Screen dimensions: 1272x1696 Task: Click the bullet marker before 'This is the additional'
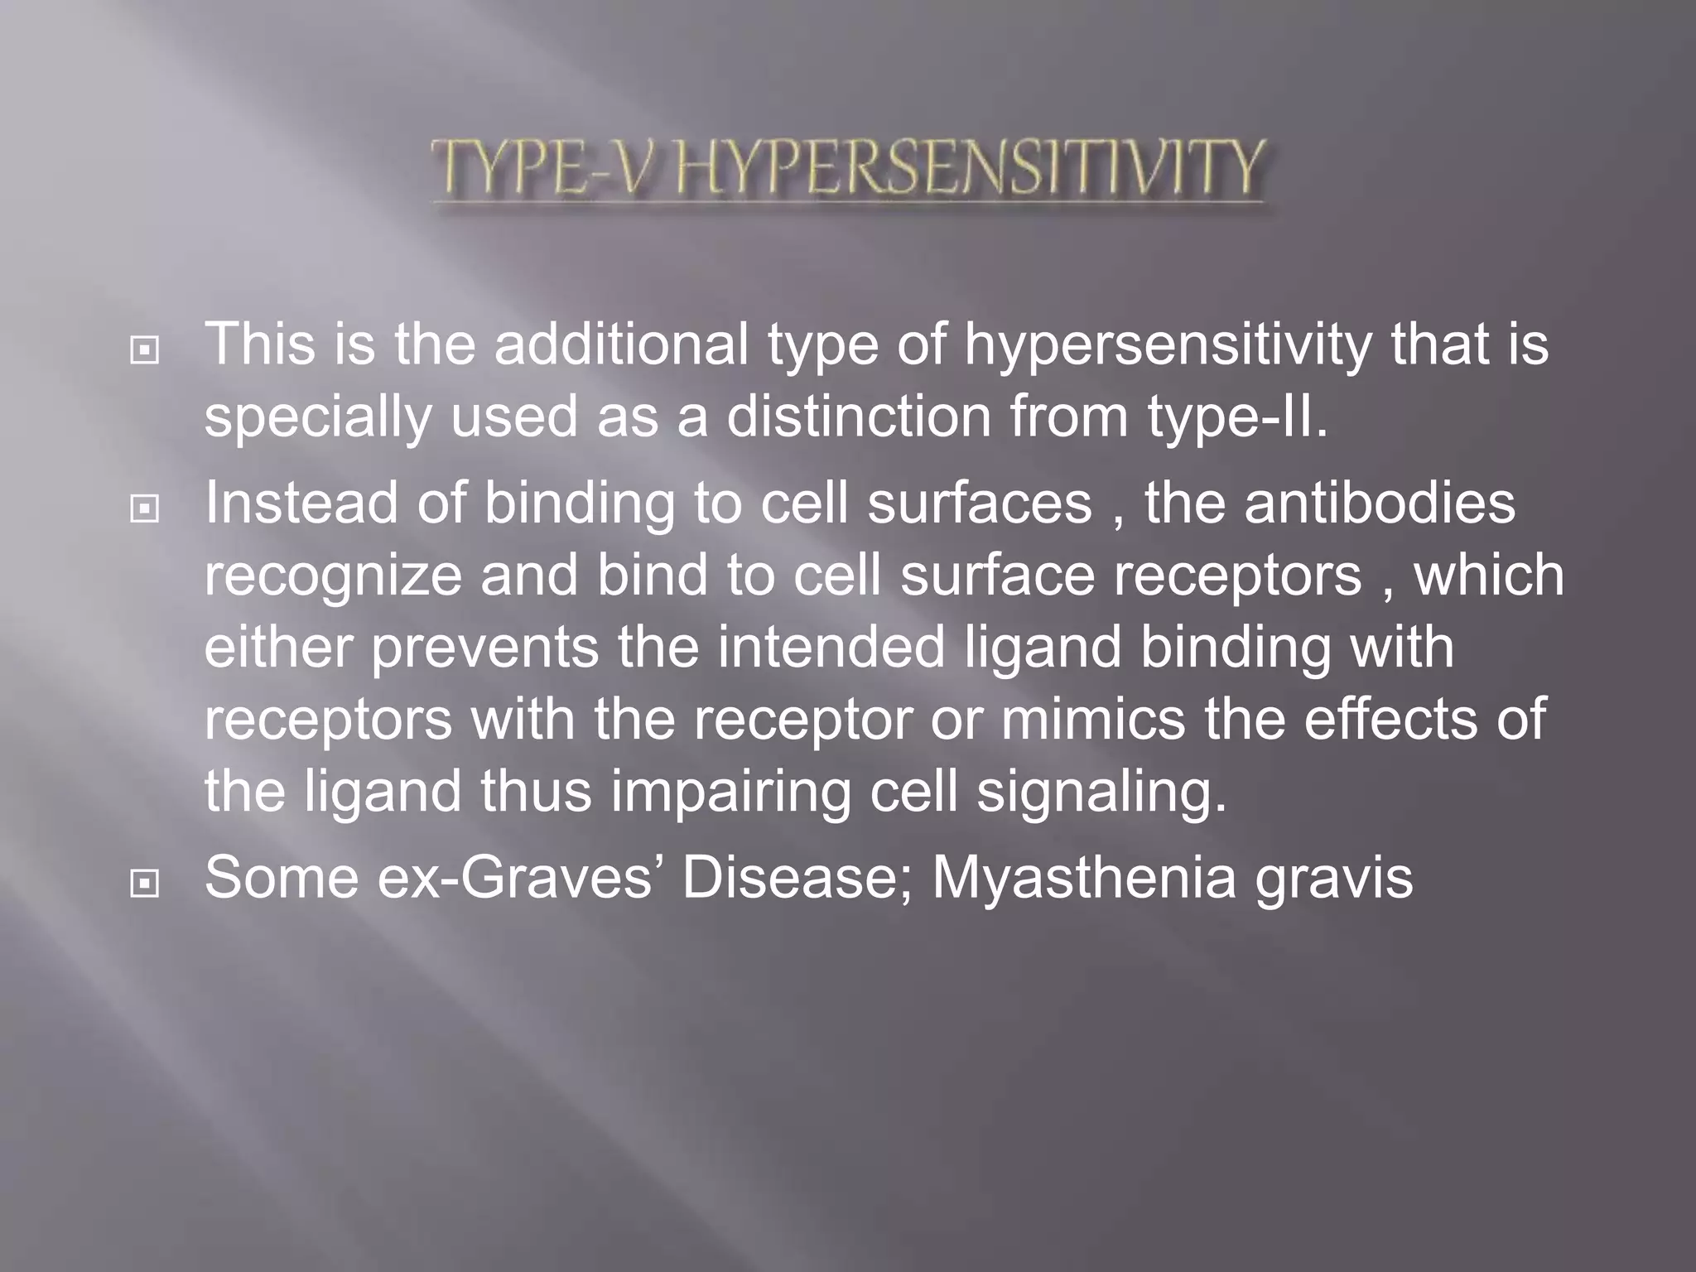145,351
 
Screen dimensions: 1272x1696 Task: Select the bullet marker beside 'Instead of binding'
145,509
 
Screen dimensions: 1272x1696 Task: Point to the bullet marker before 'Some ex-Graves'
145,884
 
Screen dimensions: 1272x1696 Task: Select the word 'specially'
318,418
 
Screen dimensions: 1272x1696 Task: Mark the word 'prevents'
484,648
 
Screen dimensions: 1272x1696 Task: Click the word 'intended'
831,648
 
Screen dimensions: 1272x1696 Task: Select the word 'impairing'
731,793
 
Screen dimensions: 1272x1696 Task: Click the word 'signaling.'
1101,793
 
